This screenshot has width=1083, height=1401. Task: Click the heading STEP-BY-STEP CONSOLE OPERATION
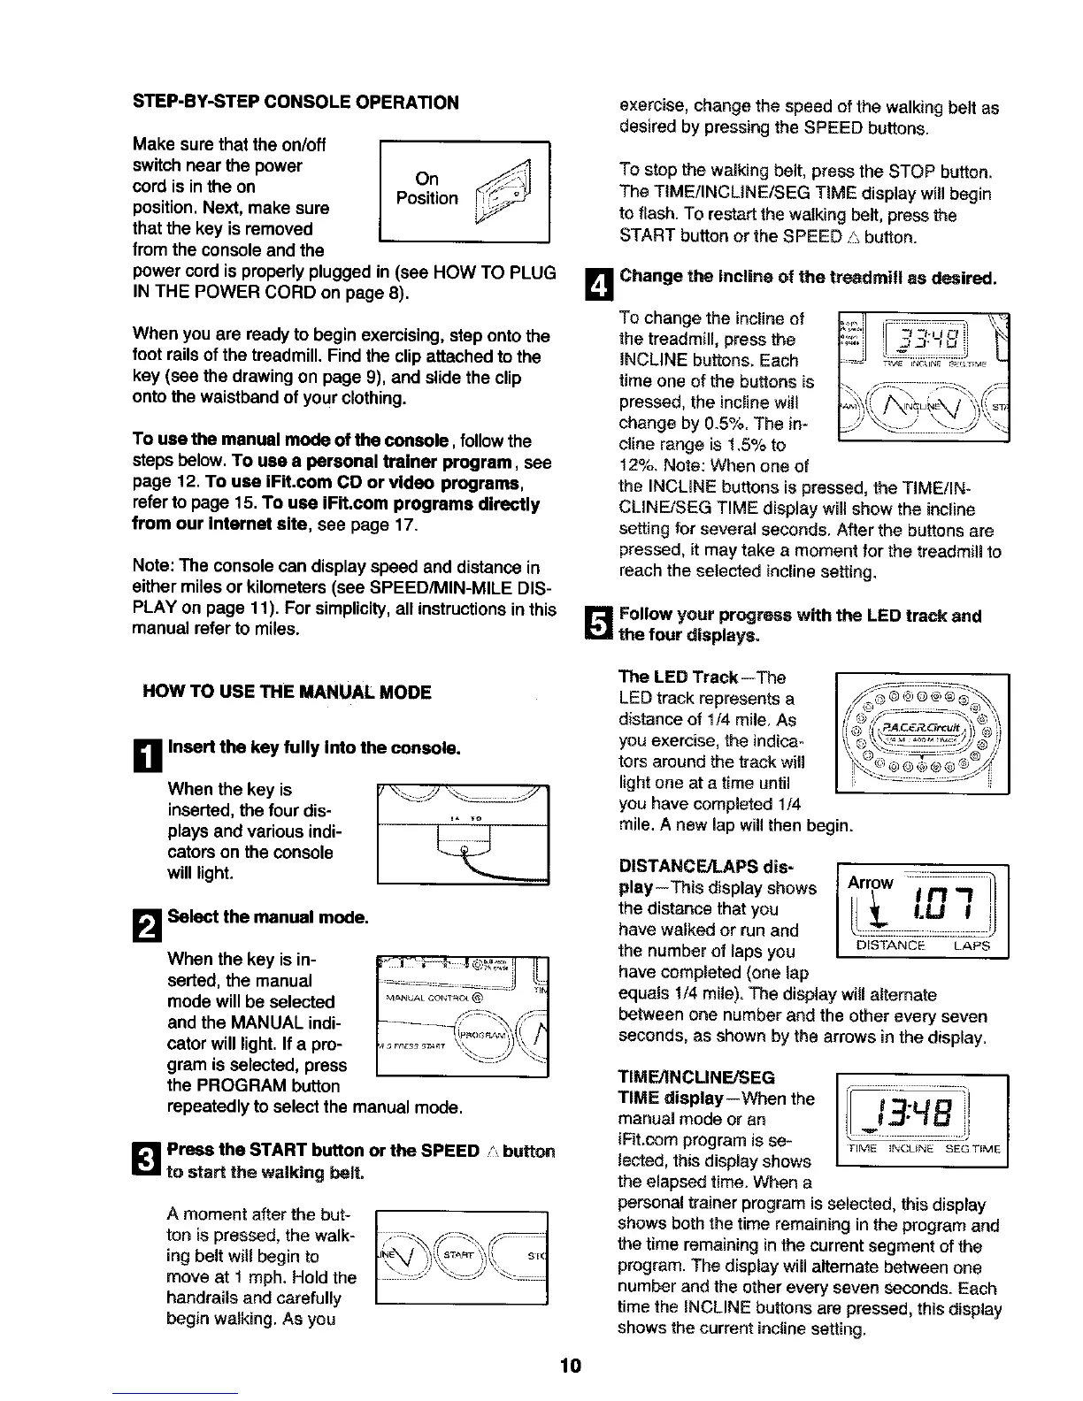click(296, 102)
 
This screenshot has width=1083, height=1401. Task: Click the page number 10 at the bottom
click(569, 1366)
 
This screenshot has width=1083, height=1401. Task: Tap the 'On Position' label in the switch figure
click(426, 188)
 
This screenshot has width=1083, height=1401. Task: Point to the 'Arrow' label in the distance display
click(871, 882)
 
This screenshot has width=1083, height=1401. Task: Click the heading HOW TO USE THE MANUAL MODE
click(287, 692)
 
